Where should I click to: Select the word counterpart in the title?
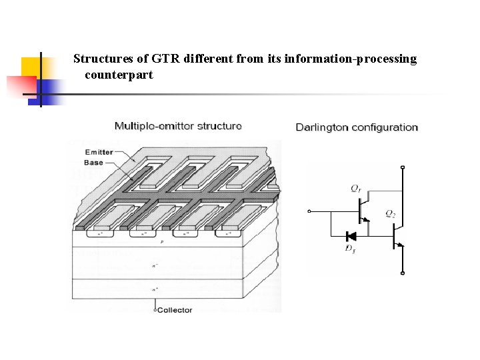click(119, 75)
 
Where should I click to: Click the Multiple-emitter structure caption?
click(178, 125)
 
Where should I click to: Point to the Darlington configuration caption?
click(357, 127)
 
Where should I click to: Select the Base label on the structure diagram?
click(94, 163)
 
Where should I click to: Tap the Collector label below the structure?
click(175, 310)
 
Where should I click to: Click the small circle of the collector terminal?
click(155, 310)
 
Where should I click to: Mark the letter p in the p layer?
click(162, 242)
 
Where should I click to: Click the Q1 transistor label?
click(356, 189)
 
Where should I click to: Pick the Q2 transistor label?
click(390, 213)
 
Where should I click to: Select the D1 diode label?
click(350, 249)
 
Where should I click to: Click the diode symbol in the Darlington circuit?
click(350, 236)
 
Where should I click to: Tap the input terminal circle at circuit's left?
click(309, 212)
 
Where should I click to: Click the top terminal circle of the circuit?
click(402, 167)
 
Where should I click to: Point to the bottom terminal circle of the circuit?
click(402, 273)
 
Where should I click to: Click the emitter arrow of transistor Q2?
click(400, 244)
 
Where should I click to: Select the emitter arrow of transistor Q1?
click(366, 219)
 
